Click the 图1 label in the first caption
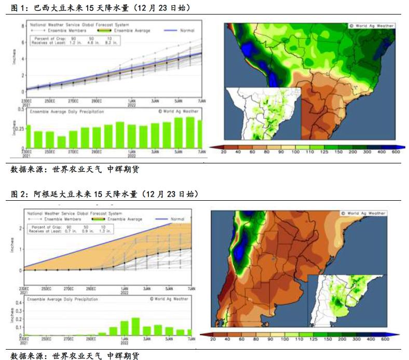click(19, 8)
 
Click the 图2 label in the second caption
click(19, 194)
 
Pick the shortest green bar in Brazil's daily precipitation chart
click(61, 142)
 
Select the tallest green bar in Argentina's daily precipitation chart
click(135, 326)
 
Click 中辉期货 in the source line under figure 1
click(123, 169)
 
